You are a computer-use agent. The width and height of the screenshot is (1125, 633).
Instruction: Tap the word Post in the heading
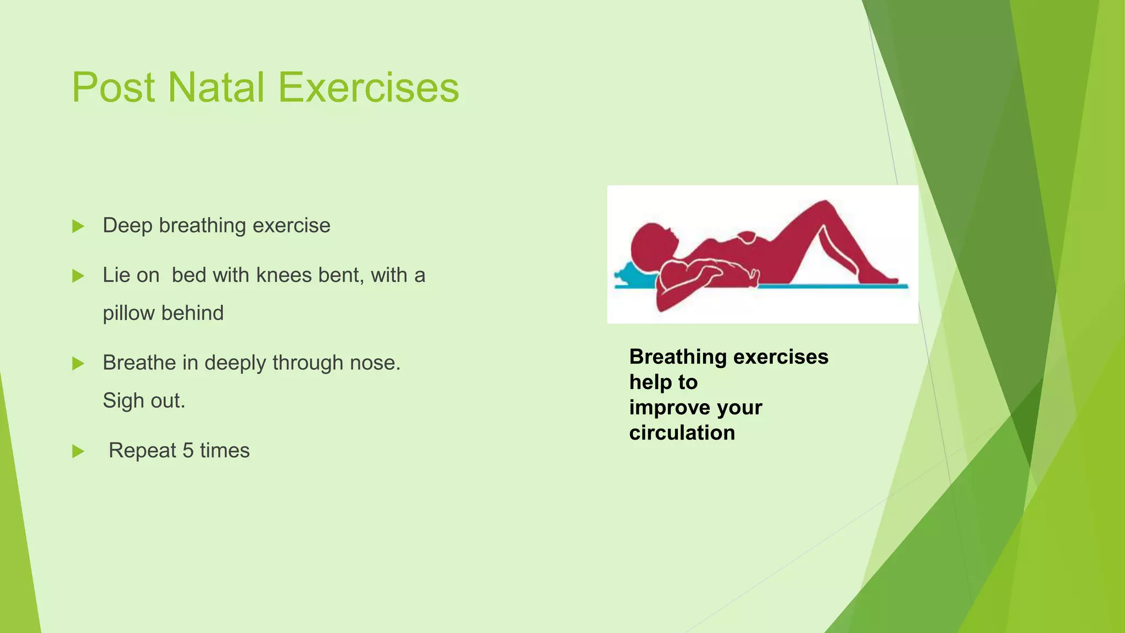113,87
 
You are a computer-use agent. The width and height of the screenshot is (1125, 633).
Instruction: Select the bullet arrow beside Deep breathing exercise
78,226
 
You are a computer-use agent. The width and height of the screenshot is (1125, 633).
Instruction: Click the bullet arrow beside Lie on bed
78,276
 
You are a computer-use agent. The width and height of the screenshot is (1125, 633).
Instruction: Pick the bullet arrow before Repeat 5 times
78,452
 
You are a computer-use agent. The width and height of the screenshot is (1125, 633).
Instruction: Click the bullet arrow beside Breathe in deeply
78,364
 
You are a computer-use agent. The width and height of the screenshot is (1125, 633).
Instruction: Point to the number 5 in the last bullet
188,451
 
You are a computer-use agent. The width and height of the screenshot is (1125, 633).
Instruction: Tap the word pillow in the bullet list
129,313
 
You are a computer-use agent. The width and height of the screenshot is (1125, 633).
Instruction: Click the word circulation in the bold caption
682,433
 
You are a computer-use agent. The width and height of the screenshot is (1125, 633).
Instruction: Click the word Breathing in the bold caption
678,357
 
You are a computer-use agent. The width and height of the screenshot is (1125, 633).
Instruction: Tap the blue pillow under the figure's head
632,275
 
